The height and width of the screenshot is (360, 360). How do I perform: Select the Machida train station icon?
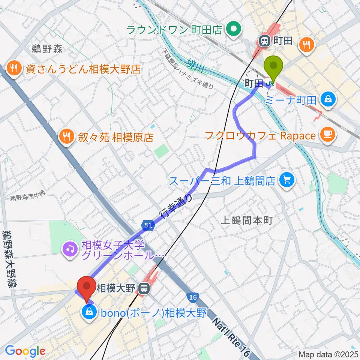pos(265,41)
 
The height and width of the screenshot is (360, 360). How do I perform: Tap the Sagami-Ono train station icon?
pos(143,288)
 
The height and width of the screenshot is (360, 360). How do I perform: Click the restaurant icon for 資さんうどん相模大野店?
pos(15,69)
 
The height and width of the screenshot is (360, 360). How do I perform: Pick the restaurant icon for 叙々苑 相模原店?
pos(66,136)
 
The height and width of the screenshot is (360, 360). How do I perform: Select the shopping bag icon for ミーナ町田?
pos(328,99)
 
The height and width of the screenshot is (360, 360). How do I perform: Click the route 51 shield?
pos(148,225)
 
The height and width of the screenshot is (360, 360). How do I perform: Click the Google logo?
pos(25,351)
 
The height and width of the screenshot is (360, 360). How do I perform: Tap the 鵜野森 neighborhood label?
pos(47,49)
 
